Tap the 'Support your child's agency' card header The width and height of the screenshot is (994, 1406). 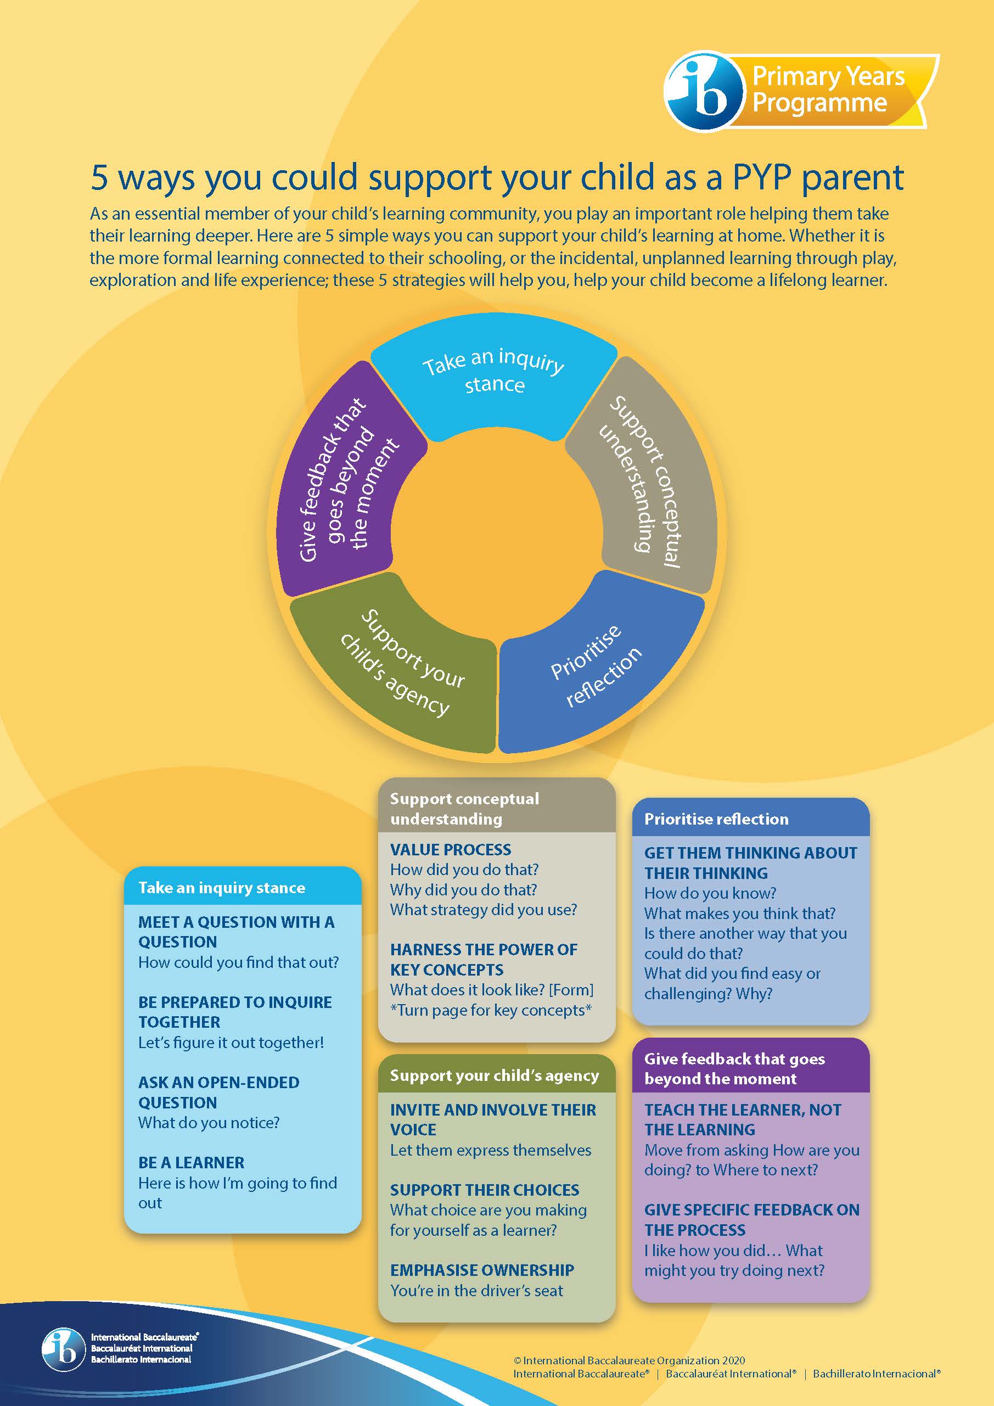495,1075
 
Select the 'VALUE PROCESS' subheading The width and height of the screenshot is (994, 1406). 451,849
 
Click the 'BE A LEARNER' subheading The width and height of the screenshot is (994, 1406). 191,1162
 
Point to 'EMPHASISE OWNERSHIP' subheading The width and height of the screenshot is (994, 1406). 482,1270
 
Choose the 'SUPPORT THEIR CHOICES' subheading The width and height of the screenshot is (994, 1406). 485,1190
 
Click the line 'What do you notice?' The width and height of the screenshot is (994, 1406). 209,1123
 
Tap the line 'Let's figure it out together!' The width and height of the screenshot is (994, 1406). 231,1042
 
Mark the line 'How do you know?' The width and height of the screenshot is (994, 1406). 710,893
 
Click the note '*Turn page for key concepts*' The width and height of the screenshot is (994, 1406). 491,1010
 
